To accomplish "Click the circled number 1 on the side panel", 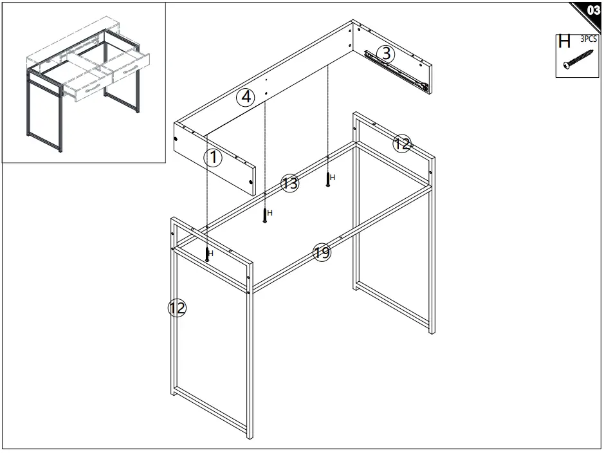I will click(213, 157).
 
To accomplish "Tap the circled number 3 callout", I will click(385, 54).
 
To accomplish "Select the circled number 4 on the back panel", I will click(245, 98).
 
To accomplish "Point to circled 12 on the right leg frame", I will click(402, 144).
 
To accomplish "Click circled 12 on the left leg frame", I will click(177, 308).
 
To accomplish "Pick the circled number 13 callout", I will click(290, 183).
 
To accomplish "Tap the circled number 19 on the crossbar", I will click(322, 252).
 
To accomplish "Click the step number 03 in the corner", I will click(592, 10).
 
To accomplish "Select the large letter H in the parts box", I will click(564, 42).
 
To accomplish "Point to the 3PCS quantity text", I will click(588, 38).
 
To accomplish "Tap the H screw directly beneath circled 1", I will click(207, 254).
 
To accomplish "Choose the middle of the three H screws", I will click(265, 215).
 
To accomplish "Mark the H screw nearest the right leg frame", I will click(328, 179).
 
